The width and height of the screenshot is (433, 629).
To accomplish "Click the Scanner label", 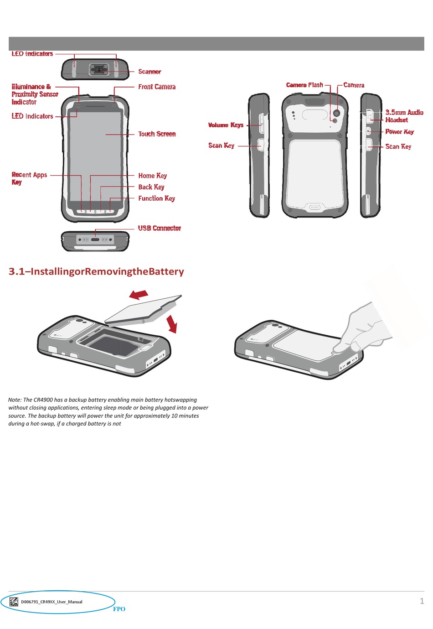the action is [149, 72].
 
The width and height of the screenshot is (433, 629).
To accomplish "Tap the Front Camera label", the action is [157, 87].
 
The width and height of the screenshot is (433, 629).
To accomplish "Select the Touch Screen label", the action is [157, 134].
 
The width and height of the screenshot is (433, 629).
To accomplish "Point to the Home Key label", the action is [152, 176].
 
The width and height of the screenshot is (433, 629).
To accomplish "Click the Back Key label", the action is [151, 187].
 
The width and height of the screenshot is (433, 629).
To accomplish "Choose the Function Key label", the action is [156, 198].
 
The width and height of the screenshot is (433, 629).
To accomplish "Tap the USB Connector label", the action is [160, 228].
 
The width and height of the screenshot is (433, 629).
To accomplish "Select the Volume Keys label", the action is [226, 125].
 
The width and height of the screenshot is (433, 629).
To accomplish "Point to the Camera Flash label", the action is [304, 85].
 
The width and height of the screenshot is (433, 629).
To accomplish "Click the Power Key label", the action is [399, 132].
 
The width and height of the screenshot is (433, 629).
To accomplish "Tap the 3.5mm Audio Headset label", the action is [404, 116].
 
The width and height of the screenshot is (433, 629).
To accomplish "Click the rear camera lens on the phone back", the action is [337, 113].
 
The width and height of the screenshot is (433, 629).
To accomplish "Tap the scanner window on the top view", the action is [98, 70].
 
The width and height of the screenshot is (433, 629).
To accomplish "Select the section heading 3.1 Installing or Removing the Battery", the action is [96, 271].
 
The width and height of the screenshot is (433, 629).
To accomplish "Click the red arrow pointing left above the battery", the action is [139, 294].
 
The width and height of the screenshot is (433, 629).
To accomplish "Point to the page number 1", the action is [422, 601].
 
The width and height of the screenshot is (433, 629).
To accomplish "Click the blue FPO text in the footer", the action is [119, 609].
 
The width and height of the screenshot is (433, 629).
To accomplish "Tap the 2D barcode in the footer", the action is [14, 602].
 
